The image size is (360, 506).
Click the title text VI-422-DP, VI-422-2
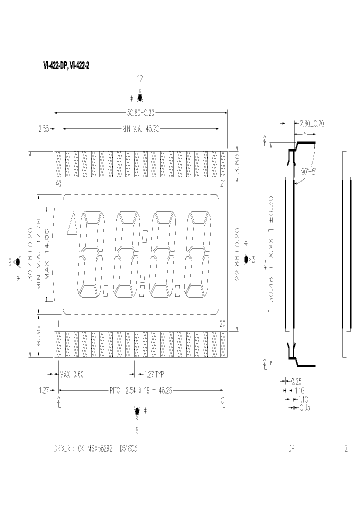[66, 65]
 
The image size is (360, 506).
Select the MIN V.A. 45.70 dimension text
[141, 129]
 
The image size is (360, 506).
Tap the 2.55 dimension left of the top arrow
[43, 129]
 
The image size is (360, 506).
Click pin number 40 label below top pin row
[58, 183]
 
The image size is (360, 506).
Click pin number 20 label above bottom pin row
[222, 324]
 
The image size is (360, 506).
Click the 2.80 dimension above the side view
[311, 123]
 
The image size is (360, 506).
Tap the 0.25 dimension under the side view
[302, 380]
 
